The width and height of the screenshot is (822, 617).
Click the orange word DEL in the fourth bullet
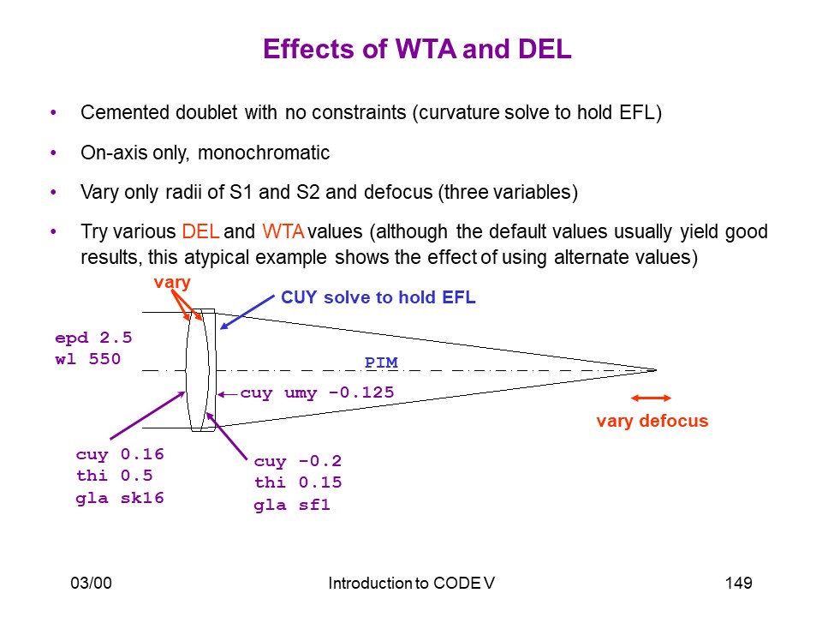[200, 231]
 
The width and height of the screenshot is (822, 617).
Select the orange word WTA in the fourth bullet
[283, 231]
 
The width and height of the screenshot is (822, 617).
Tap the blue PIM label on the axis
[381, 362]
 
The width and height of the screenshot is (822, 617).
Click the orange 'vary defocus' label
[652, 421]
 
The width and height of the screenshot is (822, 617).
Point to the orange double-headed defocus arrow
[651, 398]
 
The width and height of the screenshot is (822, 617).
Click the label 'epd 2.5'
[93, 338]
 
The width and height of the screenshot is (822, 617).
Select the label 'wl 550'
[87, 359]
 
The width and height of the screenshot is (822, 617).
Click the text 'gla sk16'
[120, 498]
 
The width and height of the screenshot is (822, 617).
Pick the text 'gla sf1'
[292, 505]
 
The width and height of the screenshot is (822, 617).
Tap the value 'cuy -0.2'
[298, 461]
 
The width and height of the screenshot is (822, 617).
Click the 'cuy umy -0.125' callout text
[317, 392]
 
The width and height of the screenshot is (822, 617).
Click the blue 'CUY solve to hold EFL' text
[378, 297]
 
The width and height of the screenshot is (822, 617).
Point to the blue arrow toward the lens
[247, 312]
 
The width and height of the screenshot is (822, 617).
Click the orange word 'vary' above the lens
[172, 282]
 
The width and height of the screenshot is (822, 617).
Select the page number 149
[739, 583]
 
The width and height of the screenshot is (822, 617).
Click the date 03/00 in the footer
[92, 583]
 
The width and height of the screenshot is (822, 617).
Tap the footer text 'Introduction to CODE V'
[412, 583]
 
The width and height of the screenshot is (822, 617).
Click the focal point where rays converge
[655, 370]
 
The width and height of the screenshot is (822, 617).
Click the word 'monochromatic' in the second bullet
[264, 153]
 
